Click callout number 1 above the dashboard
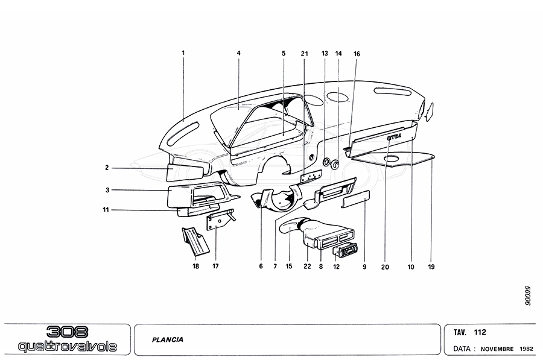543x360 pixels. [183, 53]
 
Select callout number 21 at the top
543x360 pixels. [305, 54]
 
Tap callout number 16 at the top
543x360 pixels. [357, 54]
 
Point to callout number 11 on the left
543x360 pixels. [106, 209]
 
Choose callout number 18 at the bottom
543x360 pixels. [196, 266]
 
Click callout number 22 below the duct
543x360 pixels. [307, 267]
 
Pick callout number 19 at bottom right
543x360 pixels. [431, 267]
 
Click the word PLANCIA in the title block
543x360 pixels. [168, 339]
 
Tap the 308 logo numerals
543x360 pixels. [67, 332]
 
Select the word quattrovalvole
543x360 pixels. [68, 346]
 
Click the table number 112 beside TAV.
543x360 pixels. [480, 332]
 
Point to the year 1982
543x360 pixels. [526, 349]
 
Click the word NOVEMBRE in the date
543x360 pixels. [497, 349]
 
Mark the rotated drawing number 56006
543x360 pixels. [527, 295]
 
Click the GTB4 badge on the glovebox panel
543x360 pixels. [395, 136]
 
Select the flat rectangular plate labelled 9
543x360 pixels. [355, 199]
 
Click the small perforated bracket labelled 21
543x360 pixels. [311, 177]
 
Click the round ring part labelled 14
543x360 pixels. [335, 165]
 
